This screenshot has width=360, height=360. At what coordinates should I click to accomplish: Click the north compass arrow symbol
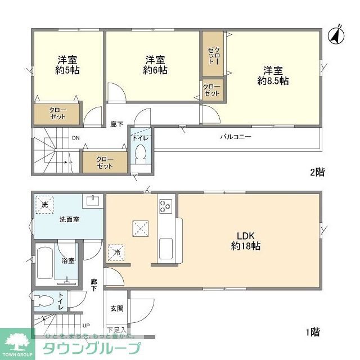click(x=336, y=35)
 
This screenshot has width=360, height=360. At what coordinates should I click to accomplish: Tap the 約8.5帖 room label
click(x=273, y=76)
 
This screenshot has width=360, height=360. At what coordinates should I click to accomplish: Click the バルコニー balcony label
click(x=235, y=137)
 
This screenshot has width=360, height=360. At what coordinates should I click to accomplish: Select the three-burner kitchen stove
click(x=165, y=206)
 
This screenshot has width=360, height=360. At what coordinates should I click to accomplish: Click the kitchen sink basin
click(x=165, y=247)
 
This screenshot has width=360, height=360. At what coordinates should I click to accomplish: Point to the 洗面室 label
click(x=69, y=219)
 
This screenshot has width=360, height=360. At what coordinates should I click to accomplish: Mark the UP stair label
click(x=86, y=325)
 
